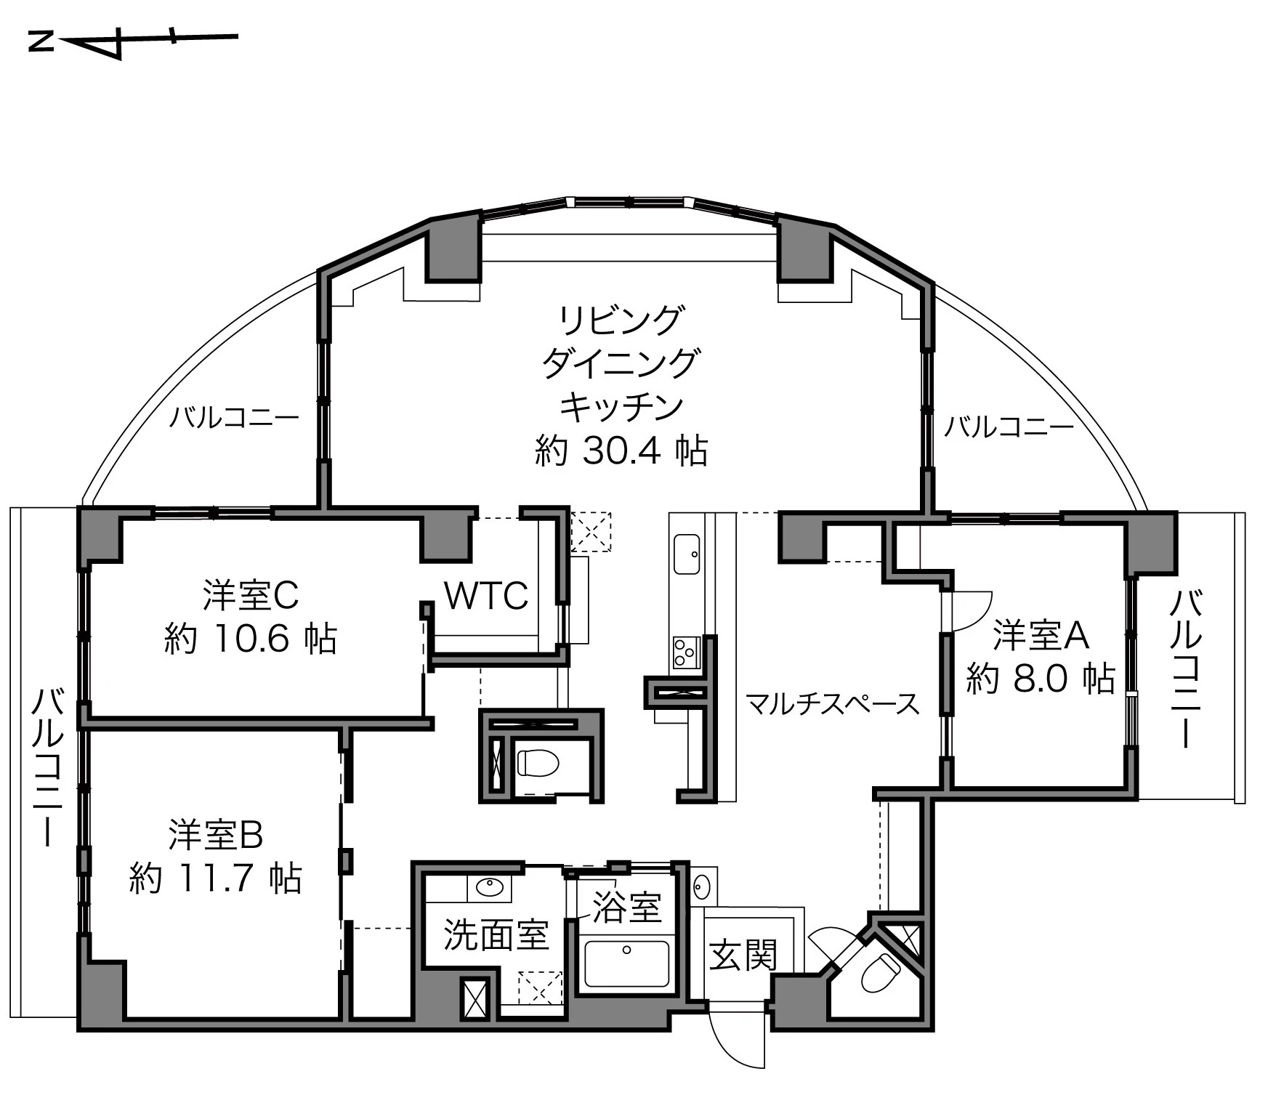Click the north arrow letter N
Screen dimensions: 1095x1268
coord(41,42)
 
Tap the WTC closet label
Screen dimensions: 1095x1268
coord(485,597)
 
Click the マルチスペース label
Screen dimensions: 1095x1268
coord(833,704)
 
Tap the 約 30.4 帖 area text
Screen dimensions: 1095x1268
coord(621,451)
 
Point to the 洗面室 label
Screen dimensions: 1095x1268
coord(496,934)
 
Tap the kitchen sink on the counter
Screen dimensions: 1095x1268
coord(687,554)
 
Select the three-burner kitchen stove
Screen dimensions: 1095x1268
coord(685,652)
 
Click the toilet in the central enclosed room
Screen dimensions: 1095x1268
coord(538,762)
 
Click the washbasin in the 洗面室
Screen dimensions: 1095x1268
coord(488,887)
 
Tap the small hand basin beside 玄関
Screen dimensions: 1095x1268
coord(702,886)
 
